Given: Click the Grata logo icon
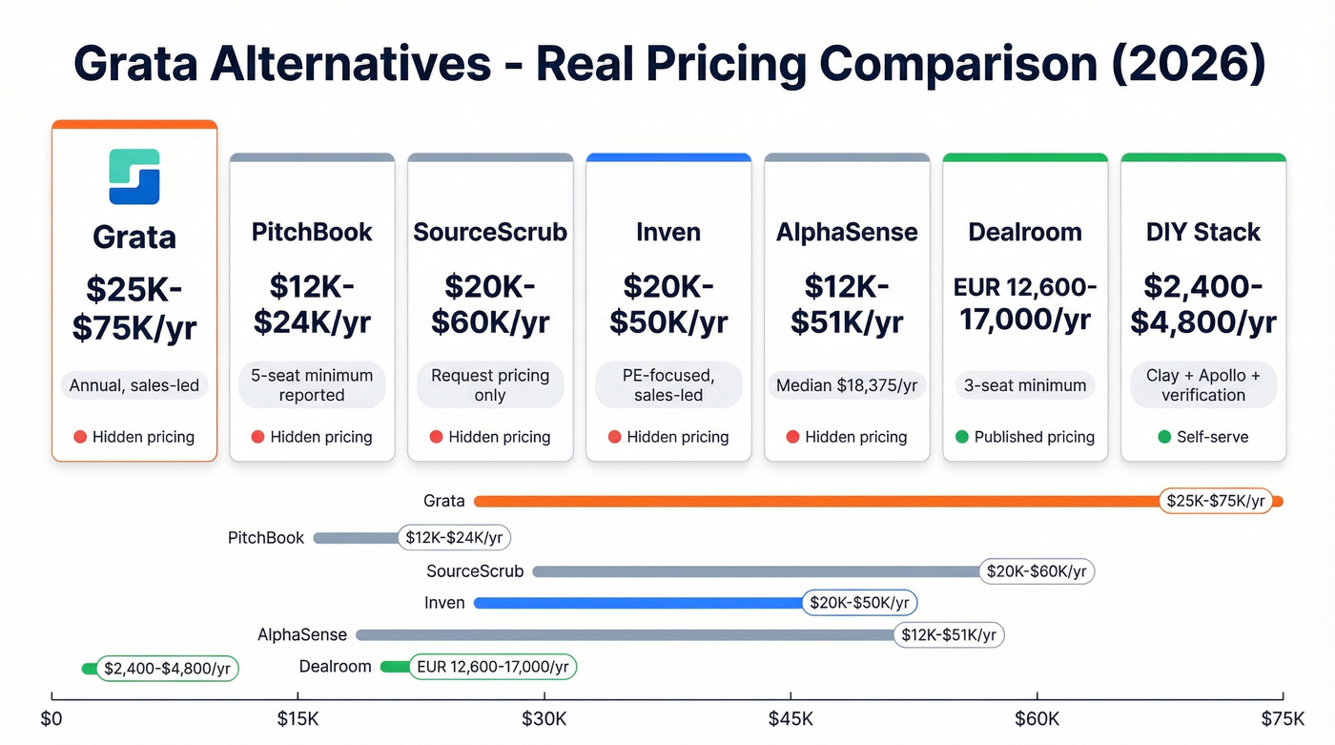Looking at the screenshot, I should (134, 176).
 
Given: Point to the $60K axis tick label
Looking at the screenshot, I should (1037, 718).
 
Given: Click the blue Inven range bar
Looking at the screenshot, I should (639, 603).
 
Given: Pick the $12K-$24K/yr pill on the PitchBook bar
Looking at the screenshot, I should (454, 538).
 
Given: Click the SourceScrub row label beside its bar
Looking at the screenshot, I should (475, 571).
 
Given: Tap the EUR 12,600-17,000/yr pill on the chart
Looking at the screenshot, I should (492, 667).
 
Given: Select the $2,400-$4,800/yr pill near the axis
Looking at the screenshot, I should (167, 669).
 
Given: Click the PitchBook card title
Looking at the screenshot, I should (312, 232).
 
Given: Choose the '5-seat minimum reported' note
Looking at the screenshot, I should (312, 385).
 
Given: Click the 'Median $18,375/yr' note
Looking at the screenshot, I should (847, 385).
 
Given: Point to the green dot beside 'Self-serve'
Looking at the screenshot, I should (1164, 437).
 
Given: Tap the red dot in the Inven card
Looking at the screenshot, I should (616, 437).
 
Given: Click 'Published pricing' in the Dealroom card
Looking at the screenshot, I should (1034, 437).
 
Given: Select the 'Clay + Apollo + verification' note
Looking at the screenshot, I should (1202, 385).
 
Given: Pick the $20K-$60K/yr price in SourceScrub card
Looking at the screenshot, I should (490, 304).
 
